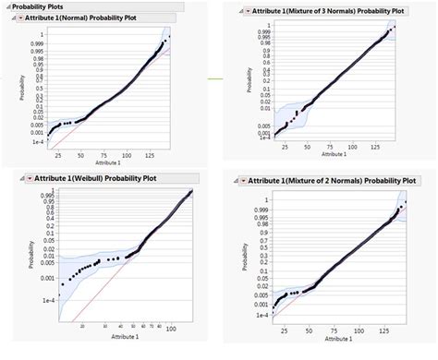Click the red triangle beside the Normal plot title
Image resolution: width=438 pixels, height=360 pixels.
[21, 18]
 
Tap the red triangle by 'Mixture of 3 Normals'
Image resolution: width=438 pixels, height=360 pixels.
[245, 11]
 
